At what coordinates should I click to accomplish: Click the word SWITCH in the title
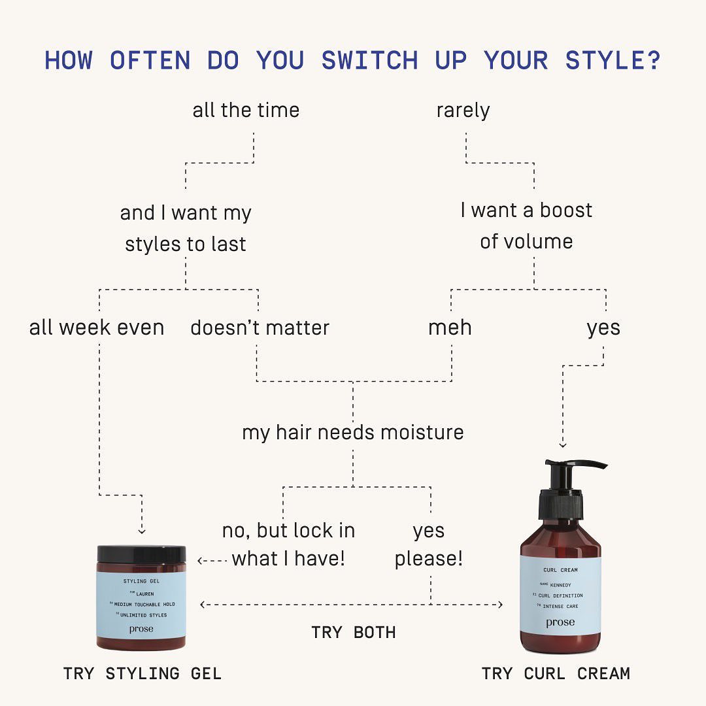(369, 60)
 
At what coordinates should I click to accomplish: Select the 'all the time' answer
(246, 110)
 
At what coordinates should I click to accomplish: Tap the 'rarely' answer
(463, 110)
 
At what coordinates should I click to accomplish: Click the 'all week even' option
(97, 328)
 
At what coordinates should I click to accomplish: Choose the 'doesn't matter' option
(260, 328)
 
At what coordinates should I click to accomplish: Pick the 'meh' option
(450, 328)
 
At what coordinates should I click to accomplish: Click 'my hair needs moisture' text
(353, 433)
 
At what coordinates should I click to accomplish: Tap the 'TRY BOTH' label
(354, 632)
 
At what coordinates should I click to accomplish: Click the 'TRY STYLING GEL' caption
(143, 673)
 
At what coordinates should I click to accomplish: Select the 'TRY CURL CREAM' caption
(556, 673)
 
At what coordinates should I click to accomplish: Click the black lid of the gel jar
(141, 554)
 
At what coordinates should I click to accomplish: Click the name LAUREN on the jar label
(145, 594)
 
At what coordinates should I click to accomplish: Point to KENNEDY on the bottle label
(561, 585)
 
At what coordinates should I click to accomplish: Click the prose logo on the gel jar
(141, 629)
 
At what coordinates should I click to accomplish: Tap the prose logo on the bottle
(560, 622)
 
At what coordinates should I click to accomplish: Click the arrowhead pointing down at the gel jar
(142, 531)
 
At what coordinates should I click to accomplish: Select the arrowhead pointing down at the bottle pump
(563, 445)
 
